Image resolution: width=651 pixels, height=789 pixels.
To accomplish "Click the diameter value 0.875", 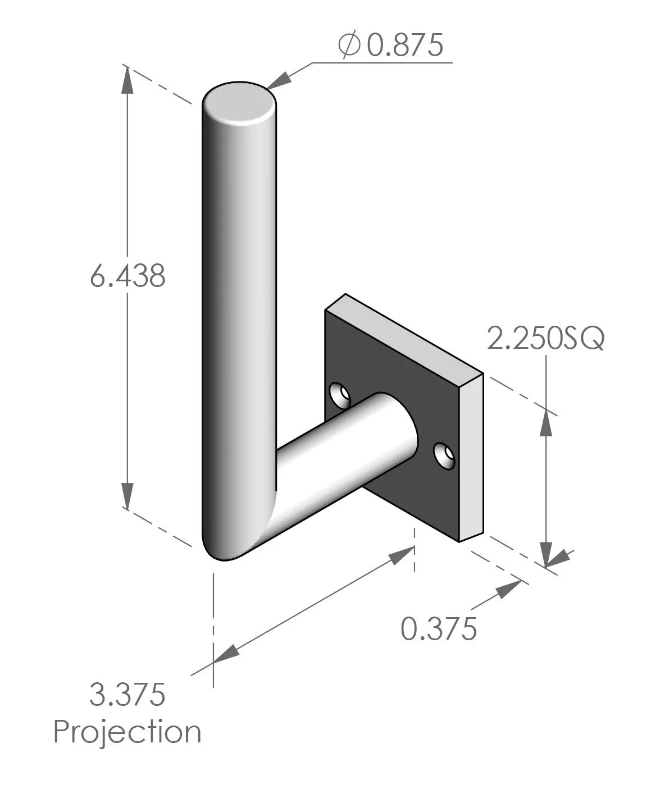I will pyautogui.click(x=405, y=46).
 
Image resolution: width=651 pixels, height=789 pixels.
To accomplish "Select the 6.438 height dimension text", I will pyautogui.click(x=128, y=276).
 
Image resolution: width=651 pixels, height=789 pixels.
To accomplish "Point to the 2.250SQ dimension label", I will pyautogui.click(x=545, y=339).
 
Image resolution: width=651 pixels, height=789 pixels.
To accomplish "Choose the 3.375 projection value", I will pyautogui.click(x=128, y=695).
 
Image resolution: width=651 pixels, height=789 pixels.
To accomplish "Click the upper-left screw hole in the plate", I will pyautogui.click(x=339, y=394).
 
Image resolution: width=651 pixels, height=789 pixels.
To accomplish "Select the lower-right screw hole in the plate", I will pyautogui.click(x=445, y=454).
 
